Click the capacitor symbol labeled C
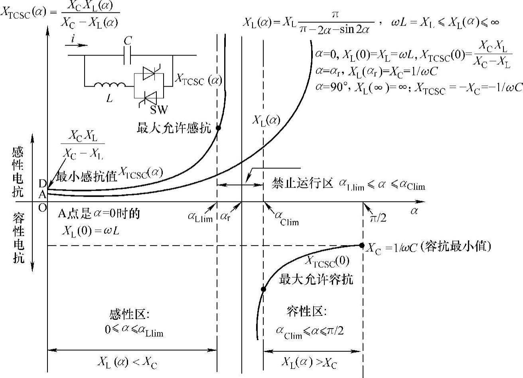pyautogui.click(x=128, y=55)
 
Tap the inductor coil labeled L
pyautogui.click(x=110, y=84)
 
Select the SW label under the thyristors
pyautogui.click(x=159, y=109)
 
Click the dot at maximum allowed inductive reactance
pyautogui.click(x=218, y=128)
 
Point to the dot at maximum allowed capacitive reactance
pyautogui.click(x=263, y=289)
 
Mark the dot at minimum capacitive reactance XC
pyautogui.click(x=362, y=245)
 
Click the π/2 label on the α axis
pyautogui.click(x=378, y=218)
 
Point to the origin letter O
pyautogui.click(x=42, y=208)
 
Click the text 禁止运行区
pyautogui.click(x=302, y=184)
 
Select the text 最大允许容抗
pyautogui.click(x=316, y=279)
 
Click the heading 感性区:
pyautogui.click(x=129, y=315)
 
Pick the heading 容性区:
pyautogui.click(x=306, y=311)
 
